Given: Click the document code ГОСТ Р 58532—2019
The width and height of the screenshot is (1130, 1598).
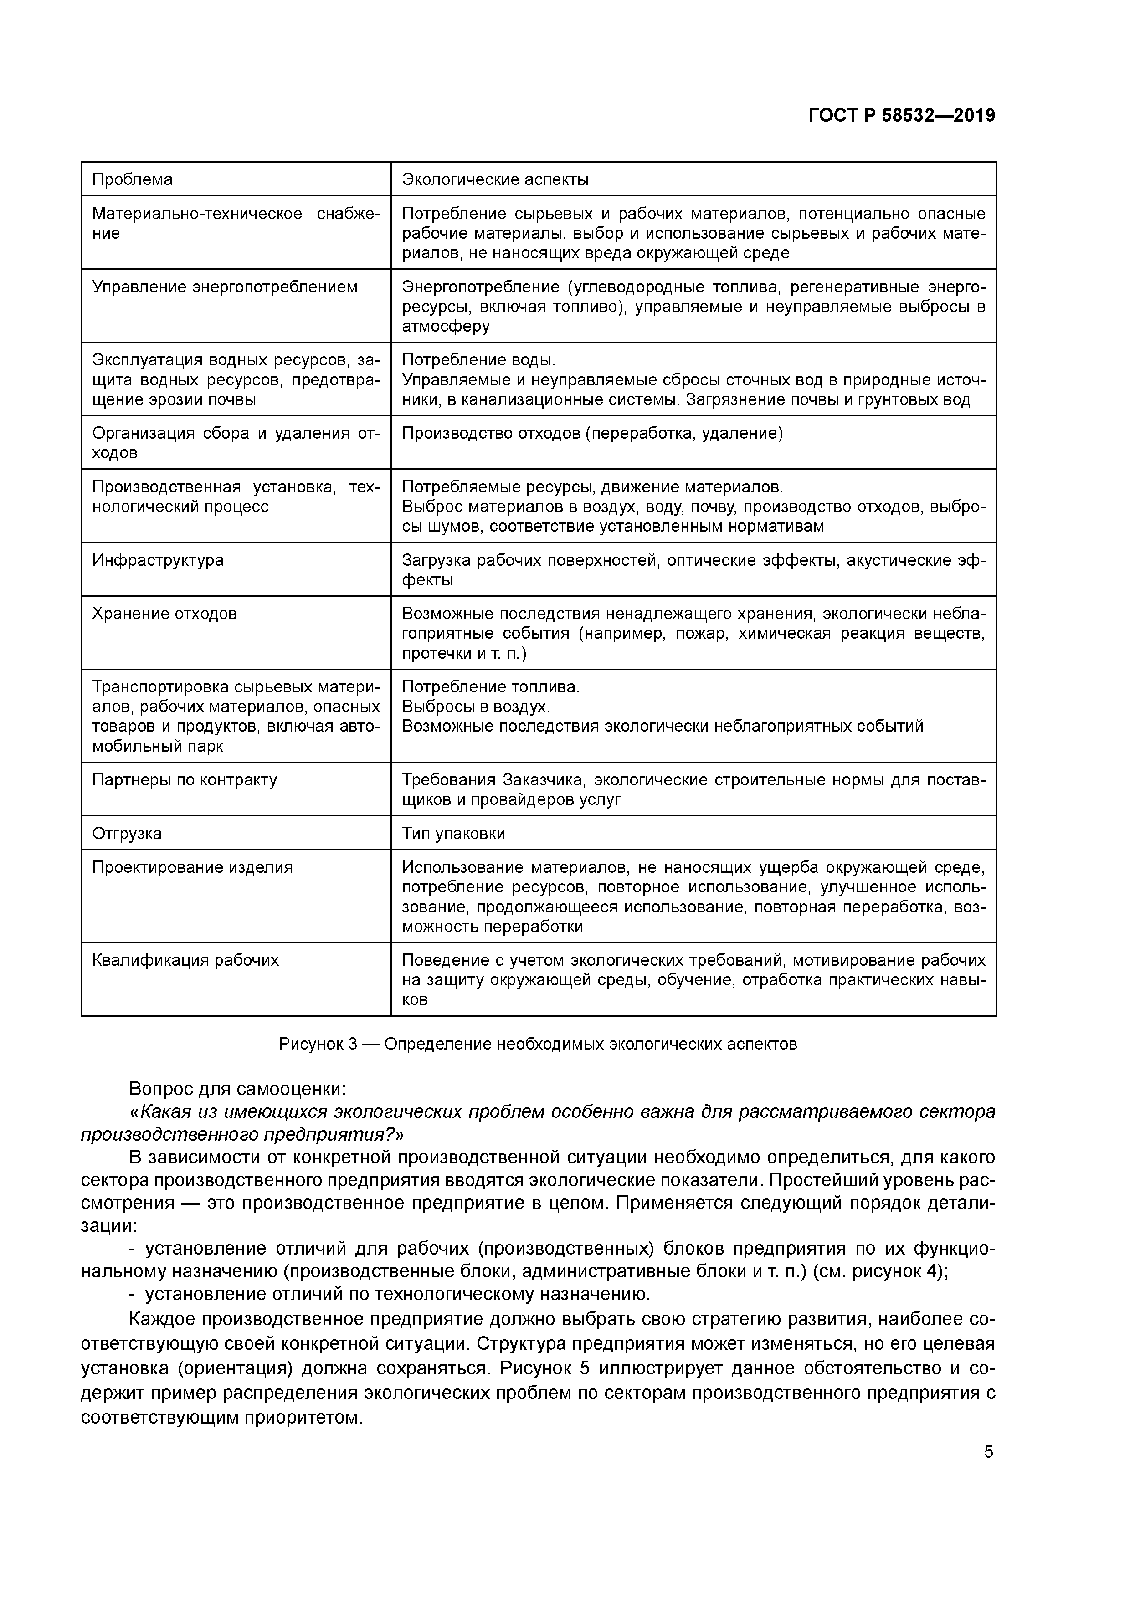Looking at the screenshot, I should [902, 116].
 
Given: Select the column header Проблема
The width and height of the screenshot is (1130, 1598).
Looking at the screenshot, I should [132, 179].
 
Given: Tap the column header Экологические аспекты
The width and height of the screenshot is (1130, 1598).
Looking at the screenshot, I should [495, 179].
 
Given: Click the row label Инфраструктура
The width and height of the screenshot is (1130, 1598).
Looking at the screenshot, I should [158, 560].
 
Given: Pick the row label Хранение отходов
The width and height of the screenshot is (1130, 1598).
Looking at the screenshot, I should [164, 614].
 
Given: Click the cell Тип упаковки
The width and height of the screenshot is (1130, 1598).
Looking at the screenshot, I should [453, 834].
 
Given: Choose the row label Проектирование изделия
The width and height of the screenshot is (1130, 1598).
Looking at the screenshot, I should [192, 868].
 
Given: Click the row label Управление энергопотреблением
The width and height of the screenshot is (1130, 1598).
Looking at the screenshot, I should [225, 287].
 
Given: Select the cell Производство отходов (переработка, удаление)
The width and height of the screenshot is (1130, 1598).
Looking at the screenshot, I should [592, 434].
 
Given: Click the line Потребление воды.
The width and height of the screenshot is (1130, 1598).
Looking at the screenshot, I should [479, 360].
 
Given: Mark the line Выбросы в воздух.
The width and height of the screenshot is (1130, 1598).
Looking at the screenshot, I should [476, 707].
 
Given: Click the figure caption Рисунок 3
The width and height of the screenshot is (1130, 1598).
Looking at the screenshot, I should [538, 1044].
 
